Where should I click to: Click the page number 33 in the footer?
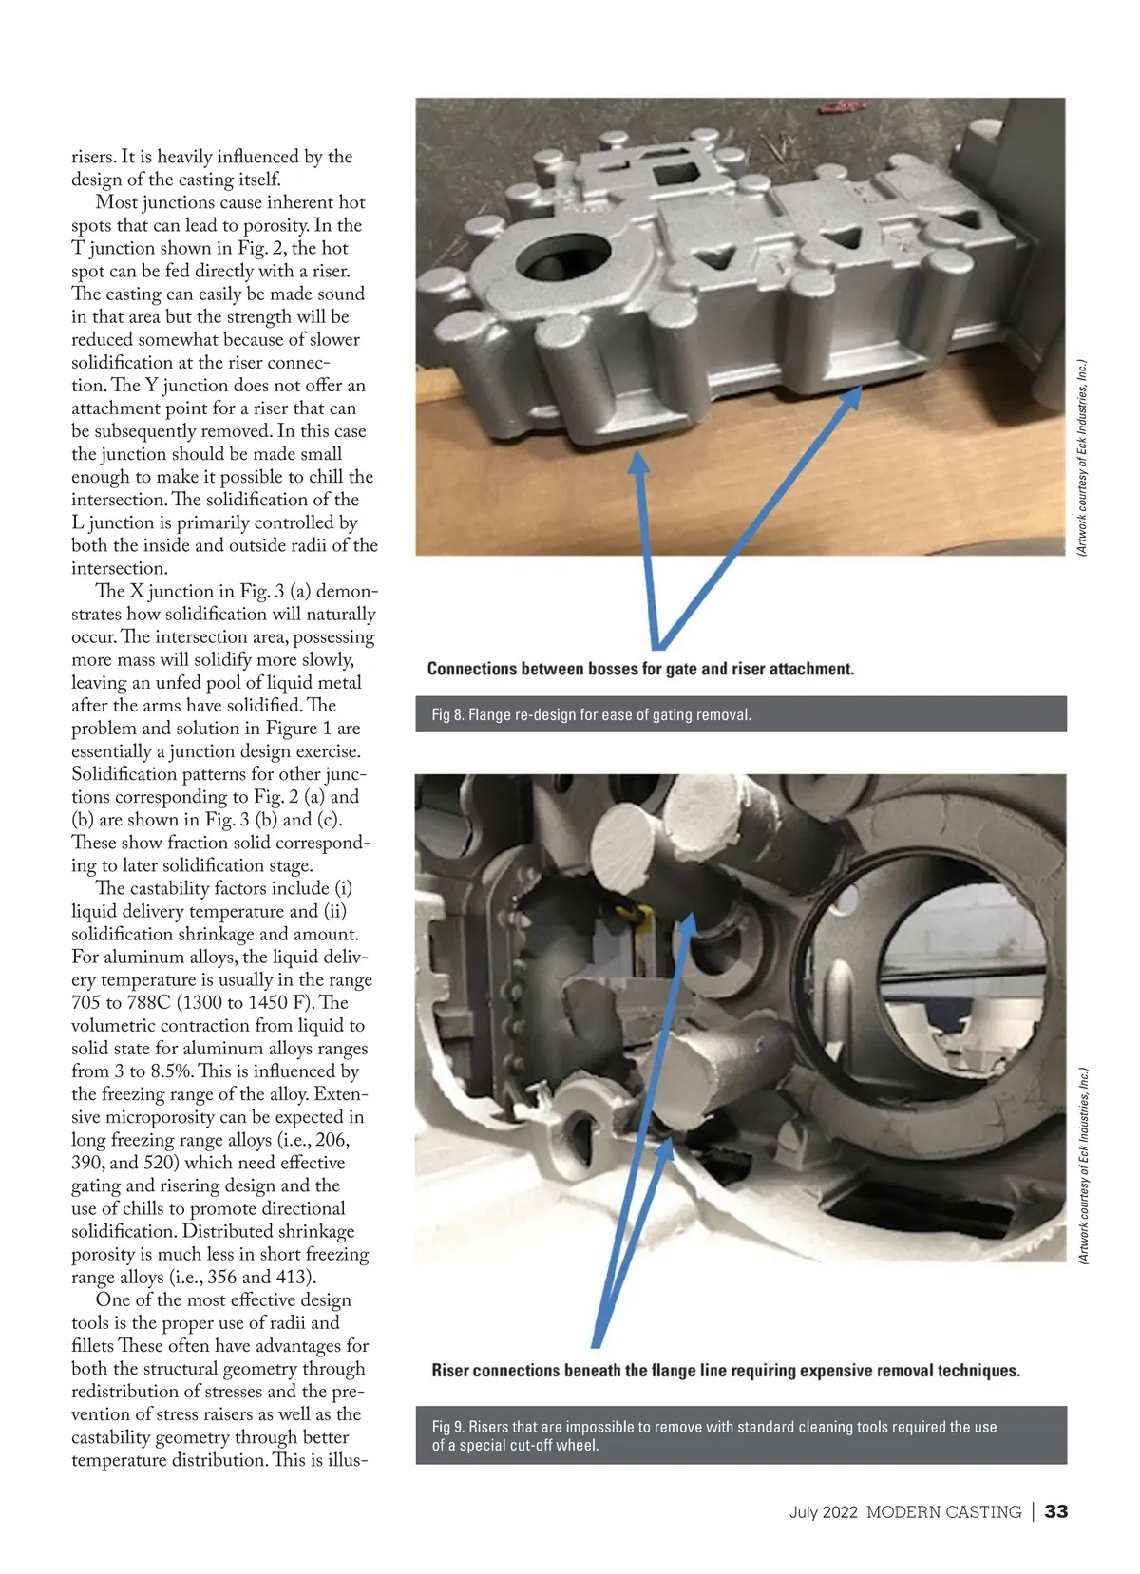(x=1055, y=1511)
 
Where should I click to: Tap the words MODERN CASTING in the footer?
(x=944, y=1512)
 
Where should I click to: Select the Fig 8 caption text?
(x=591, y=714)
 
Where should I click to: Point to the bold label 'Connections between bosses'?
(x=640, y=668)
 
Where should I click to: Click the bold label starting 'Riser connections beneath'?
(x=726, y=1370)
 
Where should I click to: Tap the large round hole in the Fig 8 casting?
(x=563, y=257)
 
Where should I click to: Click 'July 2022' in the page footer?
(x=823, y=1512)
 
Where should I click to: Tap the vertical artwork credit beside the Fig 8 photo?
(x=1082, y=458)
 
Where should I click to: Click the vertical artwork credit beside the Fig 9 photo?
(x=1082, y=1166)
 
